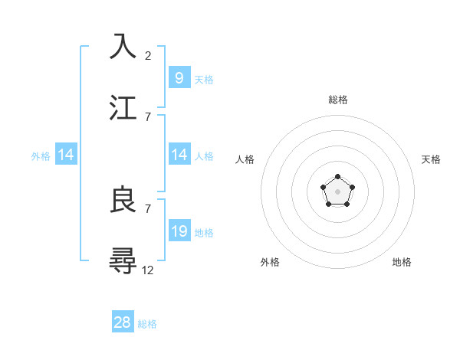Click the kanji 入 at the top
(x=123, y=47)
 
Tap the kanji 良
(x=123, y=200)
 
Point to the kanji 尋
(x=123, y=260)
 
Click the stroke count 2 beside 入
(x=148, y=55)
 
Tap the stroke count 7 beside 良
(x=148, y=208)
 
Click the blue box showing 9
(x=179, y=77)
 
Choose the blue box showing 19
(x=179, y=231)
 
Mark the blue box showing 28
(x=123, y=322)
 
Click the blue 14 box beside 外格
(x=66, y=155)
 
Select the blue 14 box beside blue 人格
(x=179, y=155)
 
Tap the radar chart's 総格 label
(x=338, y=100)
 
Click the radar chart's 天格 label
(x=431, y=159)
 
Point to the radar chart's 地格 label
(x=402, y=262)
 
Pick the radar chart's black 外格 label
(x=270, y=262)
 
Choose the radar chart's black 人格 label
(x=245, y=159)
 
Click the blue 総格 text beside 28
(x=147, y=324)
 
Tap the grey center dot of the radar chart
(x=338, y=191)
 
